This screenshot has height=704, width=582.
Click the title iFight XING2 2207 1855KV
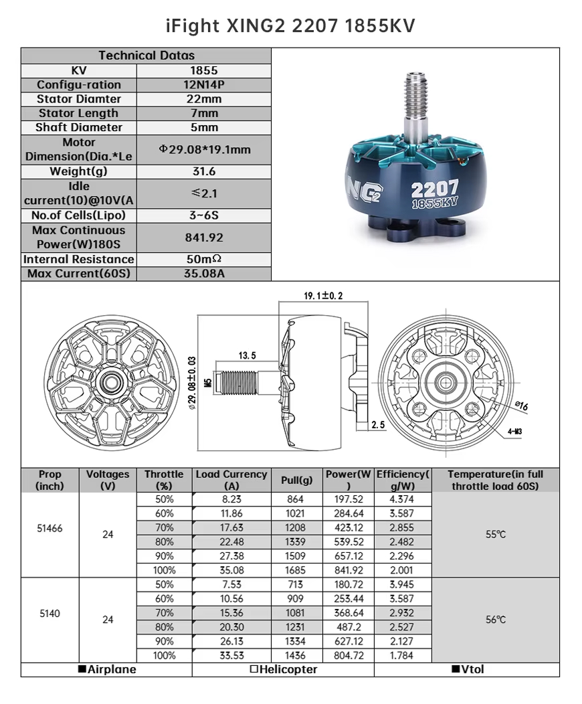click(x=290, y=26)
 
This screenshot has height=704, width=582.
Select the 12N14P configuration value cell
click(x=204, y=85)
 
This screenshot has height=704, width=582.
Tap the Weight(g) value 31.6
click(x=204, y=172)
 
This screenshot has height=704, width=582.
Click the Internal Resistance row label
click(x=79, y=259)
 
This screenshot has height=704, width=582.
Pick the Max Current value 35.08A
click(x=204, y=274)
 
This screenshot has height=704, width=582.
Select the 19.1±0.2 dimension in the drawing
click(x=323, y=296)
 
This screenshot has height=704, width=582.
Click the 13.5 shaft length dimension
click(x=247, y=355)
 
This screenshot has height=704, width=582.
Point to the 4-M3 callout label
click(x=514, y=431)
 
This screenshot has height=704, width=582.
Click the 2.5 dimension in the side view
click(x=379, y=424)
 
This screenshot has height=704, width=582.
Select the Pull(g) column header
click(x=297, y=480)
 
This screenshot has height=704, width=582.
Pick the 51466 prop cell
click(x=50, y=528)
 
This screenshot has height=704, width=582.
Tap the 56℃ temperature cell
click(x=496, y=620)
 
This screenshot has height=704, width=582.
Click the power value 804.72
click(x=349, y=656)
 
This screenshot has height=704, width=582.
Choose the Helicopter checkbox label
click(x=283, y=669)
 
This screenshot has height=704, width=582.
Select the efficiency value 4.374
click(x=401, y=499)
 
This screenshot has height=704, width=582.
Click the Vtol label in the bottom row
click(x=468, y=669)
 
